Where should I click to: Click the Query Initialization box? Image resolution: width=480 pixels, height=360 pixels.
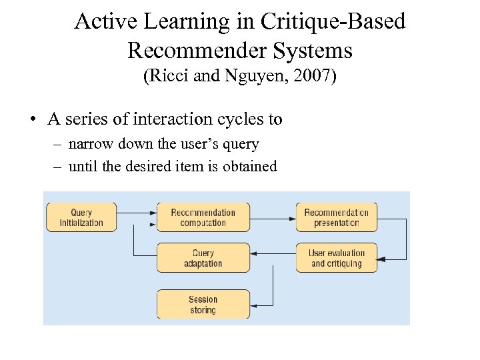(81, 217)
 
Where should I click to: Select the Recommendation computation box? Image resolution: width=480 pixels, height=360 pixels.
(203, 217)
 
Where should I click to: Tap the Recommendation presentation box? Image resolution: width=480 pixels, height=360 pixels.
(337, 217)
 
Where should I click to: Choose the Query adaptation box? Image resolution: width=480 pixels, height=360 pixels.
(203, 258)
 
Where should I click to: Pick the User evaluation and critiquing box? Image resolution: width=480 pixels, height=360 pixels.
(337, 258)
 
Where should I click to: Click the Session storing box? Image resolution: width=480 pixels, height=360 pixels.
(203, 305)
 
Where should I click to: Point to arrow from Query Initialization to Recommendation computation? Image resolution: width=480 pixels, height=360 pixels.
(136, 213)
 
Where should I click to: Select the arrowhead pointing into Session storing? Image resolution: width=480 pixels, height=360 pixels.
(255, 304)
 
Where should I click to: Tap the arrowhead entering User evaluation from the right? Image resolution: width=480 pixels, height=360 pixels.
(381, 258)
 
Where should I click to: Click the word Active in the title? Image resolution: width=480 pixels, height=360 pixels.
(97, 22)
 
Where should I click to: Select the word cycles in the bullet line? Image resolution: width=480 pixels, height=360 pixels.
(241, 120)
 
